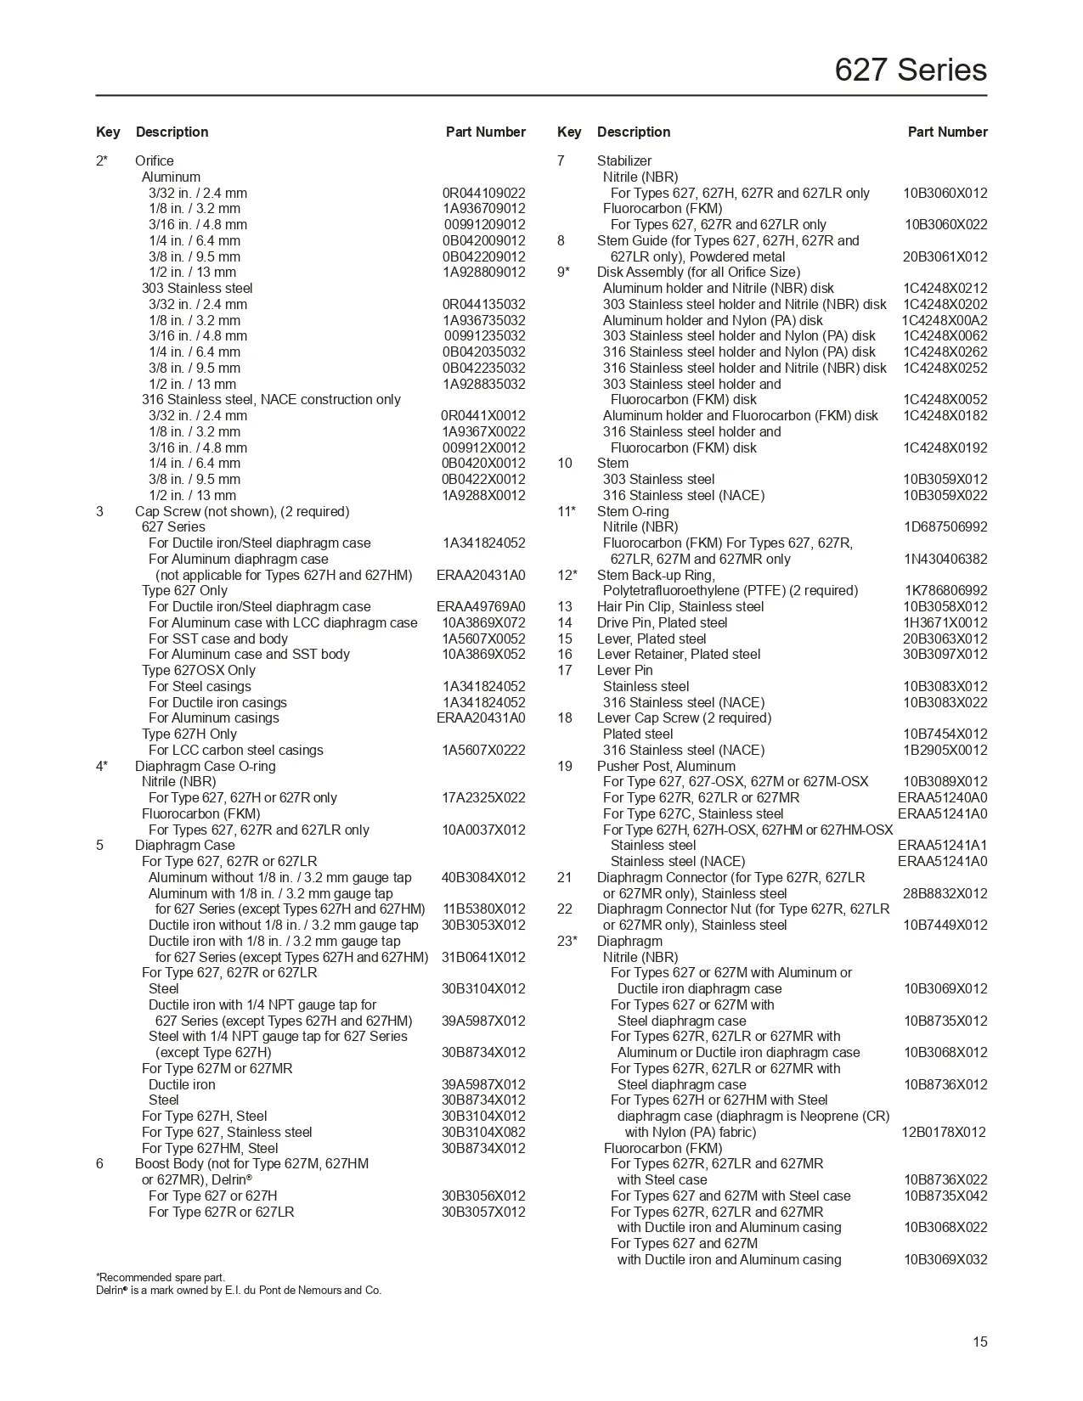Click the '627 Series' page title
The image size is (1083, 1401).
click(911, 70)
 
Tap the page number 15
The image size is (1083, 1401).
click(980, 1342)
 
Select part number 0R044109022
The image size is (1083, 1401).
click(483, 193)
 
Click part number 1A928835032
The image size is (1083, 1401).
click(483, 384)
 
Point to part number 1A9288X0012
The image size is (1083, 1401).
click(483, 495)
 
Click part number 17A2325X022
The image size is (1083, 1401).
click(483, 797)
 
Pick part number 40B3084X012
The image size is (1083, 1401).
click(483, 877)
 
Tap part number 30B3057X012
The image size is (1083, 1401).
click(483, 1212)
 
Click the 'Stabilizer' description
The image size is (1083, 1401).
click(624, 160)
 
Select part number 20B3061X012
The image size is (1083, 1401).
click(945, 256)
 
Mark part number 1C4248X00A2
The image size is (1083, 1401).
click(945, 320)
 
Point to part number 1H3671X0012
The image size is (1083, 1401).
click(945, 622)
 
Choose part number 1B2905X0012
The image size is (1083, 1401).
click(945, 750)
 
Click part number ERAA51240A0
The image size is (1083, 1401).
click(942, 797)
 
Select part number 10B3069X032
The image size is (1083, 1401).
click(945, 1259)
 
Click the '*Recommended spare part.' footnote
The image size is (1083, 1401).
click(161, 1277)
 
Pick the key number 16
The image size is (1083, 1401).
click(565, 654)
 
